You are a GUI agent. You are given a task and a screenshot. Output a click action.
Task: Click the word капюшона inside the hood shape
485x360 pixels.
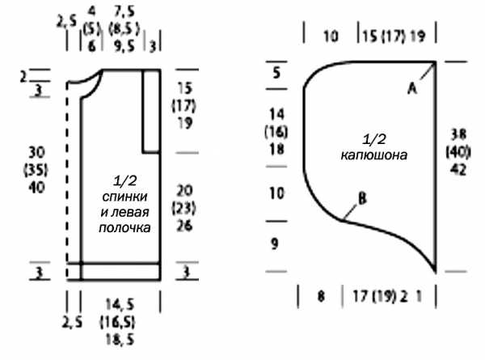pyautogui.click(x=374, y=155)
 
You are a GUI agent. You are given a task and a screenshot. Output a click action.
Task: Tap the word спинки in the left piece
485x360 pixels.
pyautogui.click(x=124, y=197)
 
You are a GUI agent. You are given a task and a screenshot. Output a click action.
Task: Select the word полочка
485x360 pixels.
pyautogui.click(x=124, y=228)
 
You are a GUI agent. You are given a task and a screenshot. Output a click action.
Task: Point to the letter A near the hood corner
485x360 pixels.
pyautogui.click(x=412, y=89)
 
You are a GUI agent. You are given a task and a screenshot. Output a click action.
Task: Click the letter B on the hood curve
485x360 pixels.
pyautogui.click(x=362, y=198)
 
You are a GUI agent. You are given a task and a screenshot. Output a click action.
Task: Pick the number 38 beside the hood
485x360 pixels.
pyautogui.click(x=458, y=134)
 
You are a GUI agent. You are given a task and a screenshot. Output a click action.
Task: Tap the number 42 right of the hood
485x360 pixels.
pyautogui.click(x=458, y=170)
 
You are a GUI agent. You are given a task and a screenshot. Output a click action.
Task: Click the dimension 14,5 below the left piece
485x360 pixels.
pyautogui.click(x=120, y=305)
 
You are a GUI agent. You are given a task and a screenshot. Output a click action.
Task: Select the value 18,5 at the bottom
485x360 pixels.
pyautogui.click(x=120, y=340)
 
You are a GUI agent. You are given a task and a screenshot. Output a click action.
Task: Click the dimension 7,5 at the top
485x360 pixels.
pyautogui.click(x=124, y=12)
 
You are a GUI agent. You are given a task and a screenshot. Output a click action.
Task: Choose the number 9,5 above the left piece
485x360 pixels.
pyautogui.click(x=124, y=46)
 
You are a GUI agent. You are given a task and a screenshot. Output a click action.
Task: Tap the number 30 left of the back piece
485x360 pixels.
pyautogui.click(x=36, y=152)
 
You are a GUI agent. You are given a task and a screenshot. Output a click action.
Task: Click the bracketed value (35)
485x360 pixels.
pyautogui.click(x=36, y=170)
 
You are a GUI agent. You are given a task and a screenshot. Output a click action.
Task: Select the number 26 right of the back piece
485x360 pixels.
pyautogui.click(x=184, y=226)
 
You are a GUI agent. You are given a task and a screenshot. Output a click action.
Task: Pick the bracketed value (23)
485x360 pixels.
pyautogui.click(x=183, y=208)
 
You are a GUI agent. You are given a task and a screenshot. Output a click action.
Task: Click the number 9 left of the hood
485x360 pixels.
pyautogui.click(x=275, y=244)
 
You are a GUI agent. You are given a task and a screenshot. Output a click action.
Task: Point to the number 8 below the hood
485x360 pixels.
pyautogui.click(x=321, y=296)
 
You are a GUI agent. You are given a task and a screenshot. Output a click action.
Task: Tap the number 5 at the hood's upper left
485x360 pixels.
pyautogui.click(x=276, y=74)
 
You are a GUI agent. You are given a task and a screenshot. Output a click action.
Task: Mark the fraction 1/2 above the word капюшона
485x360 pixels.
pyautogui.click(x=374, y=139)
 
